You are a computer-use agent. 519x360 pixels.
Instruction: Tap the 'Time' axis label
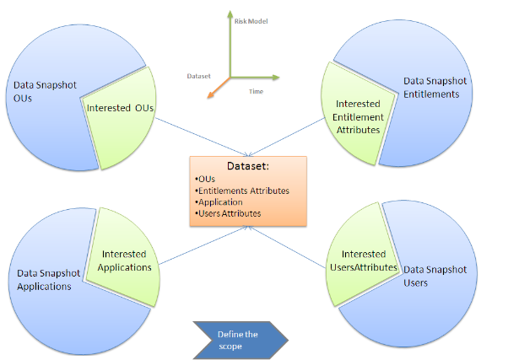click(x=256, y=90)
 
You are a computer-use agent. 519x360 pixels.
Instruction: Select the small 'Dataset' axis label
click(x=198, y=76)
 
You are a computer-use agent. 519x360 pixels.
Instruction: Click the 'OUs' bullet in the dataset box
click(x=205, y=179)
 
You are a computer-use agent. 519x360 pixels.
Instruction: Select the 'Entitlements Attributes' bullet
click(x=242, y=191)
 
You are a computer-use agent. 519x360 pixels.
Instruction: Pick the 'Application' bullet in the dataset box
click(x=219, y=202)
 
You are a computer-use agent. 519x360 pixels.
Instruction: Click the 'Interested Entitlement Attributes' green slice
click(x=354, y=116)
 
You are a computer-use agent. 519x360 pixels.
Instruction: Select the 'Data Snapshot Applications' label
click(x=48, y=280)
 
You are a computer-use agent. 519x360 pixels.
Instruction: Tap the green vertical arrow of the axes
click(x=228, y=42)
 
